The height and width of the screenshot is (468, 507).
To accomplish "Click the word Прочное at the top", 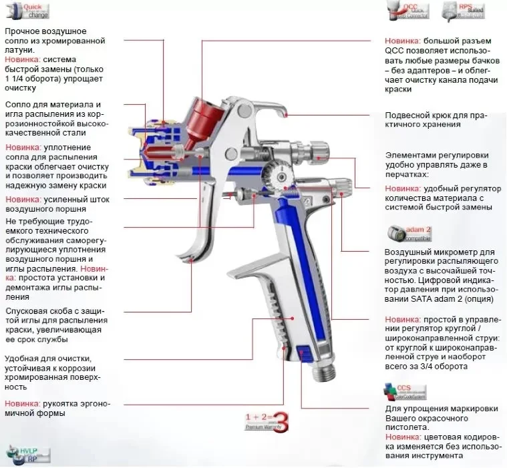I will point(23,31).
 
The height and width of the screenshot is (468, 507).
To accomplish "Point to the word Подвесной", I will point(408,115).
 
